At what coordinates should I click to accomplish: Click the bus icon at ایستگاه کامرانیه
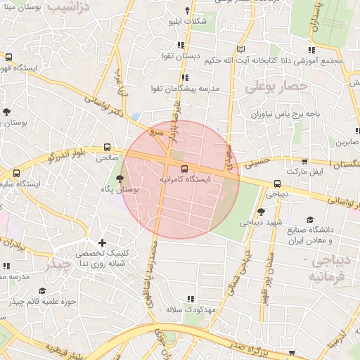pos(184,169)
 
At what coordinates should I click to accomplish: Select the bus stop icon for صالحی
pos(107,148)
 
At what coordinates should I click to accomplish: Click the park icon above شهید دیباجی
pos(261,212)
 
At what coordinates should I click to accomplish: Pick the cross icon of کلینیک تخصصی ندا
pos(103,243)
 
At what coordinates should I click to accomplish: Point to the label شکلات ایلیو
pos(188,21)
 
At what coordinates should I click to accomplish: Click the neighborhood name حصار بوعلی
pos(277,87)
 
